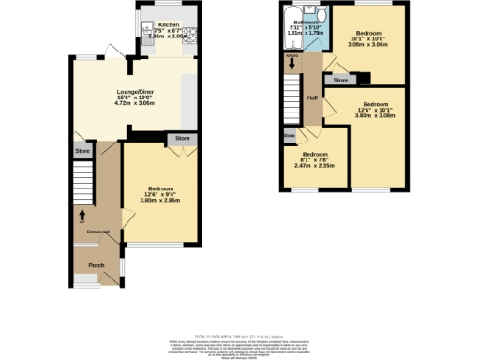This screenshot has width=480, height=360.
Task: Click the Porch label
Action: coord(97,264)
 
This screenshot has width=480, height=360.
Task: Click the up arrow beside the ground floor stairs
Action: coord(82,212)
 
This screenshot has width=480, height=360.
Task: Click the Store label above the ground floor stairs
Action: coord(82,151)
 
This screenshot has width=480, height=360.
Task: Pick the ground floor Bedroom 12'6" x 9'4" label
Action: coord(160,190)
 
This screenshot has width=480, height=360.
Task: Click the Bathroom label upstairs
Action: coord(306,21)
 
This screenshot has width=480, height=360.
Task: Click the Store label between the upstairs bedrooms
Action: coord(341,81)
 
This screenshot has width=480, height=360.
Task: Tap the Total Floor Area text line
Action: coord(239,335)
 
